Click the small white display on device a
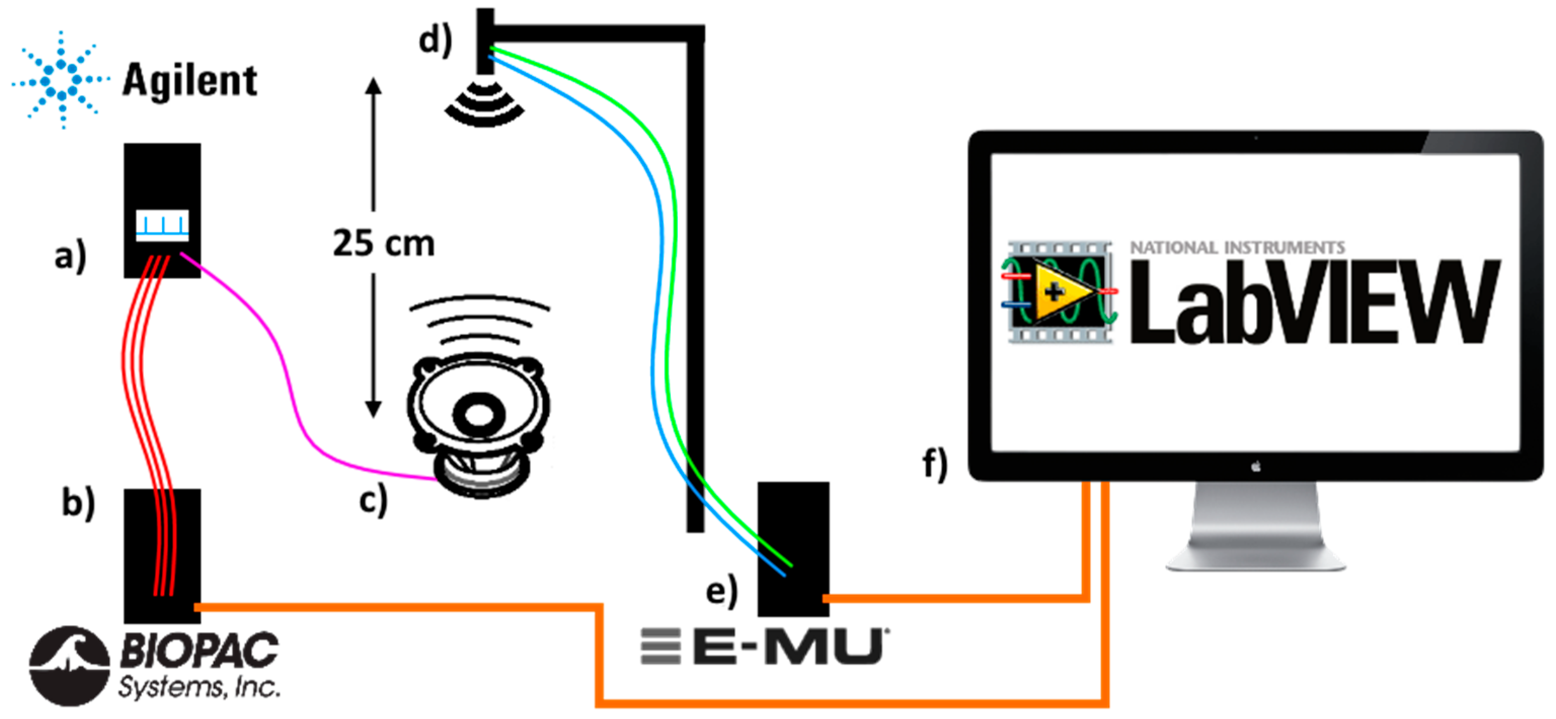click(x=162, y=225)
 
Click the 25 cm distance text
click(x=383, y=244)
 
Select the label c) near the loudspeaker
click(x=373, y=500)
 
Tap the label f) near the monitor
click(x=935, y=464)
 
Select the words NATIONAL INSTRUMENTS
click(x=1237, y=248)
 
